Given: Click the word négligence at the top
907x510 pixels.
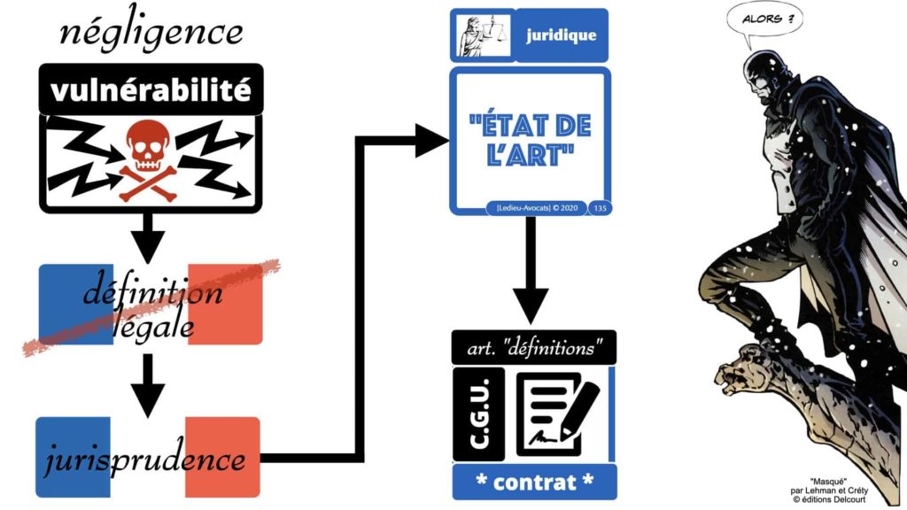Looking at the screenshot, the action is click(x=151, y=32).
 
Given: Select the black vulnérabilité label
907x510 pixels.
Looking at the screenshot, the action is click(x=151, y=89).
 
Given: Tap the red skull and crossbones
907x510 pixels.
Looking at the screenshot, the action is click(x=148, y=160).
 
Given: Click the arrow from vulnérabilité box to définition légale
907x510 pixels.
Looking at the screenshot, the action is click(x=148, y=237).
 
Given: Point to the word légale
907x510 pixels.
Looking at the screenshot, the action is click(x=152, y=326).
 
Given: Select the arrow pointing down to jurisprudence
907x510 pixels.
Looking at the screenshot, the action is click(x=148, y=385).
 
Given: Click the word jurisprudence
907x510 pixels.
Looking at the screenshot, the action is click(x=145, y=459).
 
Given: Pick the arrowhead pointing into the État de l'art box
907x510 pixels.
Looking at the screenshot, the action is click(x=431, y=140).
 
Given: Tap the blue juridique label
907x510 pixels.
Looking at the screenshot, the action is click(x=561, y=35).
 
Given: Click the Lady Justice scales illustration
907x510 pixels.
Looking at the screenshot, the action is click(x=483, y=35).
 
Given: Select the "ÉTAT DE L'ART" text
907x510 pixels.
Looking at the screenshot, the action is click(x=530, y=140).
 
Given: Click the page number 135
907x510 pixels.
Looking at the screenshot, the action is click(x=600, y=208).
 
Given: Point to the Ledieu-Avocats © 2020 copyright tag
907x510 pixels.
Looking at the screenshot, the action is click(x=537, y=208).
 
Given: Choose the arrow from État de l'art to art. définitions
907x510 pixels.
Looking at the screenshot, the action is click(x=530, y=269).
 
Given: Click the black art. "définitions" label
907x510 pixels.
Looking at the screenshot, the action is click(x=533, y=347).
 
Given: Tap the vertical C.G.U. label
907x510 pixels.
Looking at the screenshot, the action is click(x=478, y=414).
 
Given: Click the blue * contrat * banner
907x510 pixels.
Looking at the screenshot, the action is click(x=534, y=482).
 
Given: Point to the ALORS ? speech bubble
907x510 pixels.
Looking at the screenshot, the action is click(x=764, y=21).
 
